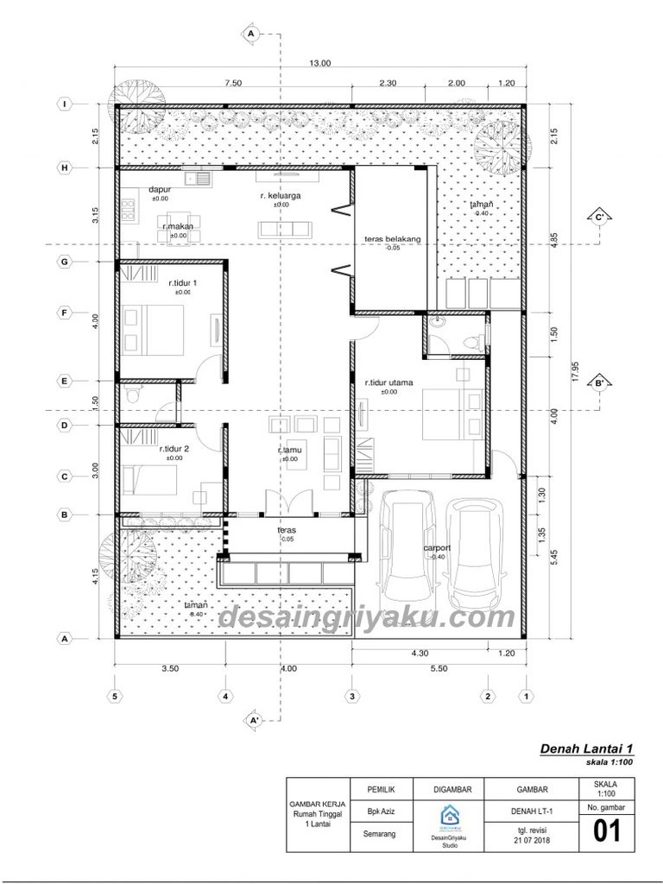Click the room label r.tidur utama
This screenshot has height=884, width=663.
pos(388,382)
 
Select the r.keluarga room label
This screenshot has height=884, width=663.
pos(280,196)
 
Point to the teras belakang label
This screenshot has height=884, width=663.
pos(392,239)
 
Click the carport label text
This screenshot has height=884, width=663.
pos(439,548)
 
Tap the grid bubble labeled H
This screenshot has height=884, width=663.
pos(64,167)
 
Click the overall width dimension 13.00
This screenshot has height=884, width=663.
pos(320,62)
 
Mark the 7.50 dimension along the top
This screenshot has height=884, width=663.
pos(232,83)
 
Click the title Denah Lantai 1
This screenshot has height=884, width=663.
pos(587,748)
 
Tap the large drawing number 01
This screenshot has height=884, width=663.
pos(607,831)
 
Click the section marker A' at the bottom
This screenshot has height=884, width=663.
pos(254,718)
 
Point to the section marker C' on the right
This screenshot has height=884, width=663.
pos(598,216)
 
